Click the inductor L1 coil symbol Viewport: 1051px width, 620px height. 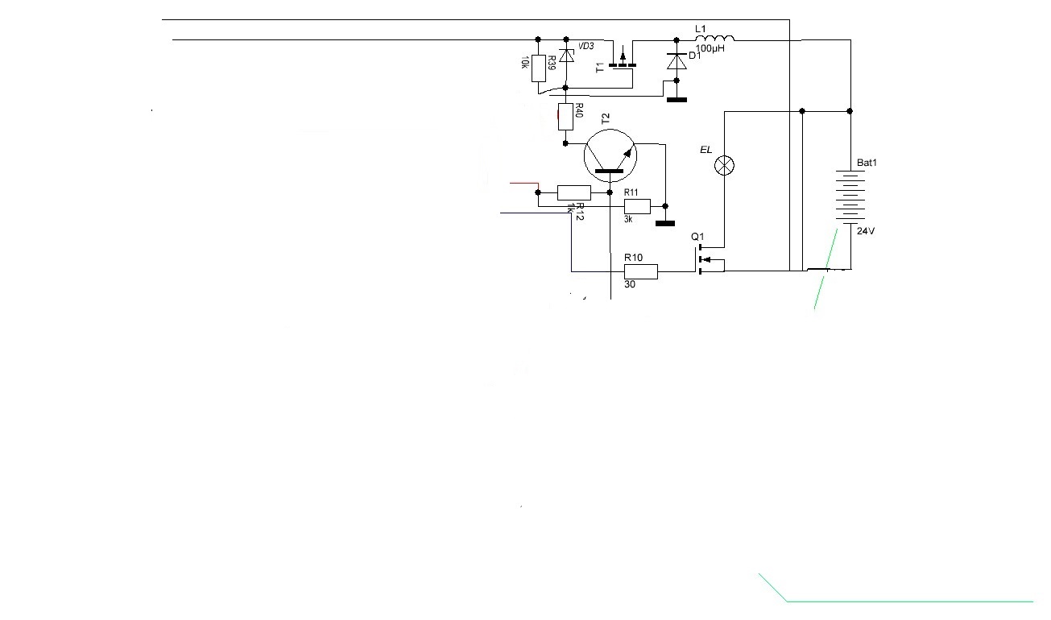[x=714, y=38]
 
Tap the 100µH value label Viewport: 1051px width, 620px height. [x=710, y=48]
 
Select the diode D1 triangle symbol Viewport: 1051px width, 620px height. [x=677, y=61]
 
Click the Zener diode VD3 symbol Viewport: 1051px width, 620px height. [x=567, y=56]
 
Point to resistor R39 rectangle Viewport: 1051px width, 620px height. [x=539, y=68]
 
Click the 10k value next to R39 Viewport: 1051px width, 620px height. [x=525, y=62]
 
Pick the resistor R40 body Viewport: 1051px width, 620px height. [x=565, y=117]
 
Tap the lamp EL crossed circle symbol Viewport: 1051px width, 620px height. [x=724, y=165]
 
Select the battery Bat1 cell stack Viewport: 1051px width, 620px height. [x=850, y=197]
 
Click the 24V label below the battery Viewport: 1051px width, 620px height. [x=866, y=231]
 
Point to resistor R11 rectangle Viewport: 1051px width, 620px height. [x=637, y=206]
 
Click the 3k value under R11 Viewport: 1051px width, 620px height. [x=628, y=219]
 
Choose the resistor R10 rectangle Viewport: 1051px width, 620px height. [x=641, y=271]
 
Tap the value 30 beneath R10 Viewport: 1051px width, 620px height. [x=630, y=284]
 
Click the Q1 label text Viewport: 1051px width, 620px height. [x=697, y=237]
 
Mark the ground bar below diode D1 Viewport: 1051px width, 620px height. [x=677, y=100]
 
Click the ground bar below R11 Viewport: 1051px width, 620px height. [x=665, y=224]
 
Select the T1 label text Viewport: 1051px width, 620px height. [x=600, y=68]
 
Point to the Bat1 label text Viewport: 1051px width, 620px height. [x=867, y=163]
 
